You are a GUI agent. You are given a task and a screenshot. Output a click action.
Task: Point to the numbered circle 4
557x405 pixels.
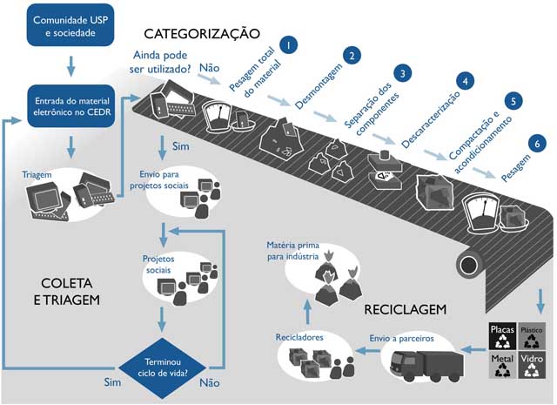tap(467, 81)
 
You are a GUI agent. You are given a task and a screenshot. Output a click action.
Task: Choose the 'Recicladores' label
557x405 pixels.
tap(301, 334)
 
